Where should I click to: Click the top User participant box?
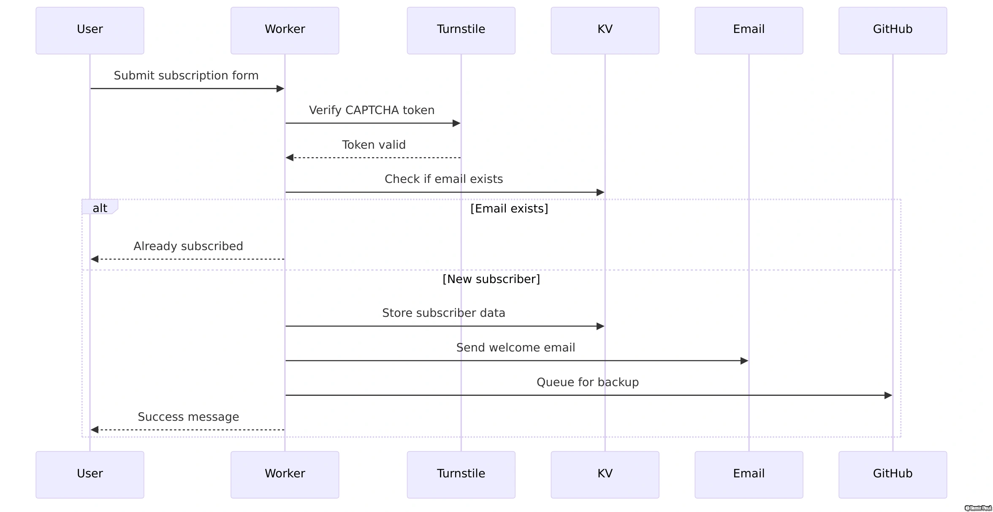pyautogui.click(x=90, y=30)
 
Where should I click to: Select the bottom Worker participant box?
pyautogui.click(x=285, y=474)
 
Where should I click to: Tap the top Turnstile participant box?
pyautogui.click(x=461, y=30)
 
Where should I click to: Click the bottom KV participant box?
pyautogui.click(x=605, y=474)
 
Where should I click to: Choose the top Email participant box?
pyautogui.click(x=749, y=30)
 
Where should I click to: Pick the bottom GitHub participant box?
pyautogui.click(x=893, y=474)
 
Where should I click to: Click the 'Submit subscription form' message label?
pyautogui.click(x=186, y=76)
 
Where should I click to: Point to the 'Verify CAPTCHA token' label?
pyautogui.click(x=372, y=110)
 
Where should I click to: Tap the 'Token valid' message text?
pyautogui.click(x=374, y=145)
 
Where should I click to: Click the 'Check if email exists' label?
pyautogui.click(x=444, y=179)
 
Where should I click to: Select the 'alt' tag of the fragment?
pyautogui.click(x=100, y=208)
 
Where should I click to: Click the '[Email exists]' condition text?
pyautogui.click(x=509, y=209)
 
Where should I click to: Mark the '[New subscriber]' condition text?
pyautogui.click(x=491, y=279)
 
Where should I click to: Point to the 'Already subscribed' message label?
pyautogui.click(x=188, y=246)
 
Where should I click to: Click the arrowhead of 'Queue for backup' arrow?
pyautogui.click(x=888, y=395)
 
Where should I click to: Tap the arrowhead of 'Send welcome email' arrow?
pyautogui.click(x=744, y=361)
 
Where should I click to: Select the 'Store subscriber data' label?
pyautogui.click(x=443, y=313)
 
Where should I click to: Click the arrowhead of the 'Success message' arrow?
pyautogui.click(x=95, y=430)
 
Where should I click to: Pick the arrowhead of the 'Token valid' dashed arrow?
pyautogui.click(x=290, y=158)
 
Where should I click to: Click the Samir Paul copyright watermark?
pyautogui.click(x=978, y=508)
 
